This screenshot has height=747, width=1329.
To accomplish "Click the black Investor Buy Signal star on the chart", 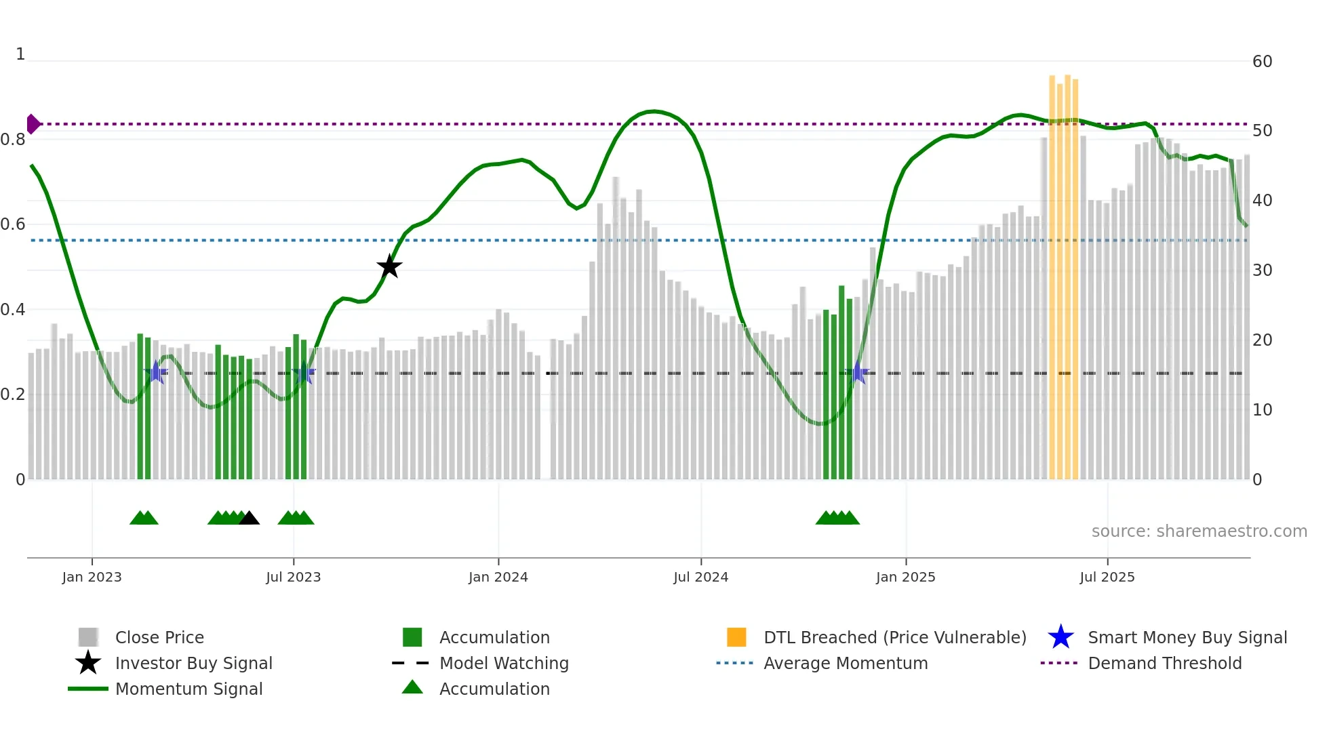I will pyautogui.click(x=389, y=266).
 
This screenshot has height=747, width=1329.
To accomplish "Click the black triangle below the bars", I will pyautogui.click(x=249, y=518).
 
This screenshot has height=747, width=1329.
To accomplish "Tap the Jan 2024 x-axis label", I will pyautogui.click(x=498, y=577).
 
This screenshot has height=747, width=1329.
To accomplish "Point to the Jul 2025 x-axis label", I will pyautogui.click(x=1107, y=577).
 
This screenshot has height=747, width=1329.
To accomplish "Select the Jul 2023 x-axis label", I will pyautogui.click(x=293, y=577).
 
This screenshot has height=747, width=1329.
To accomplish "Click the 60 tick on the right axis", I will pyautogui.click(x=1262, y=62).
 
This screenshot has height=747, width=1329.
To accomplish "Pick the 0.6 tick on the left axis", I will pyautogui.click(x=13, y=224).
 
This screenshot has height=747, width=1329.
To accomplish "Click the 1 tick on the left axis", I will pyautogui.click(x=20, y=54).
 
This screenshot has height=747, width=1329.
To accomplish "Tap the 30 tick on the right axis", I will pyautogui.click(x=1262, y=270).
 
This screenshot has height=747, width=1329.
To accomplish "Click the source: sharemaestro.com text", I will pyautogui.click(x=1199, y=531).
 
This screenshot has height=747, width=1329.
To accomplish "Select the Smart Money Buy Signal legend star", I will pyautogui.click(x=1060, y=637).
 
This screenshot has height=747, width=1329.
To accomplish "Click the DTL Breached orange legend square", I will pyautogui.click(x=736, y=637).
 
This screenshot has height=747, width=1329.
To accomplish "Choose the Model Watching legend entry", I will pyautogui.click(x=503, y=663).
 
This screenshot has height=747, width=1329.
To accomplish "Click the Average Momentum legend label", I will pyautogui.click(x=845, y=663).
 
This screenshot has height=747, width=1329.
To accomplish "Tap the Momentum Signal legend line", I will pyautogui.click(x=88, y=689).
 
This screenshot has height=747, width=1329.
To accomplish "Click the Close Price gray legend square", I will pyautogui.click(x=88, y=637).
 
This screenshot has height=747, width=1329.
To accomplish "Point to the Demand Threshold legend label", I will pyautogui.click(x=1164, y=663).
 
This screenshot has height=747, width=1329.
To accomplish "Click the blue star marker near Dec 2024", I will pyautogui.click(x=858, y=372).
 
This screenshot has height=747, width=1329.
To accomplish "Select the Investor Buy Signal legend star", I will pyautogui.click(x=88, y=663).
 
